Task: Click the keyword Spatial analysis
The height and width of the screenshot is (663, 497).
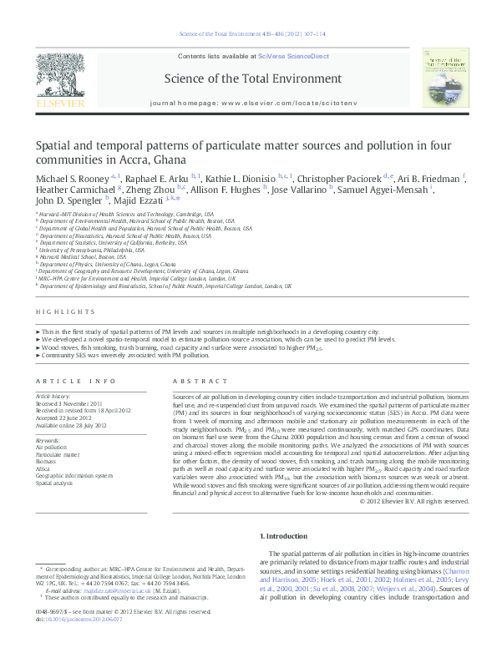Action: (54, 483)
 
